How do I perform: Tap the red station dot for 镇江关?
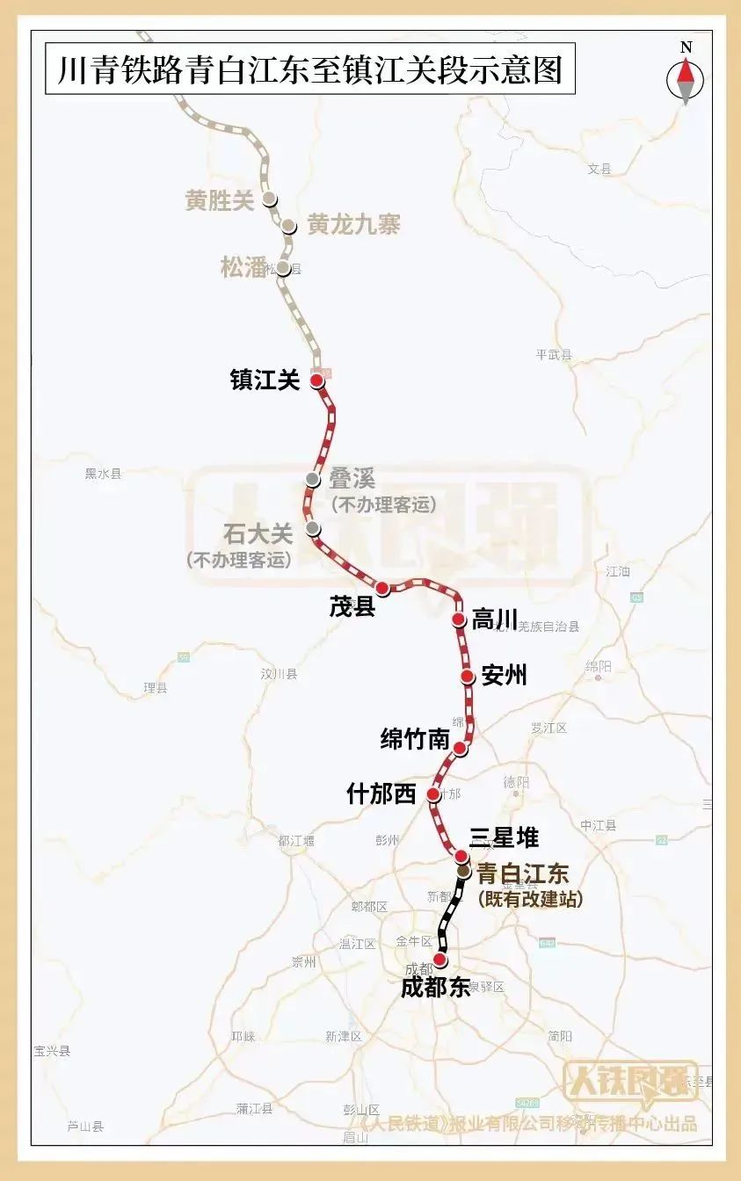[316, 380]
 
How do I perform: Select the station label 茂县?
[352, 606]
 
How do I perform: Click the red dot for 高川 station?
[458, 619]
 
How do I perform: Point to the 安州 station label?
[505, 675]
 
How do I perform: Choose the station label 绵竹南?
[415, 740]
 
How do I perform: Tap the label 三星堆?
[504, 837]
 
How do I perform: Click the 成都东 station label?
[436, 987]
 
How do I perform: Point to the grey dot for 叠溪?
[313, 479]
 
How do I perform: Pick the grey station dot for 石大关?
[312, 527]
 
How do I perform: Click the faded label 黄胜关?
[220, 201]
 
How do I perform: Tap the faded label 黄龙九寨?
[353, 225]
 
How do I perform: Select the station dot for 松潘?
[283, 268]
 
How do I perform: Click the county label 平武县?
[553, 355]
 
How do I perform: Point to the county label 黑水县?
[103, 474]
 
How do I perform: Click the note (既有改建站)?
[530, 900]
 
